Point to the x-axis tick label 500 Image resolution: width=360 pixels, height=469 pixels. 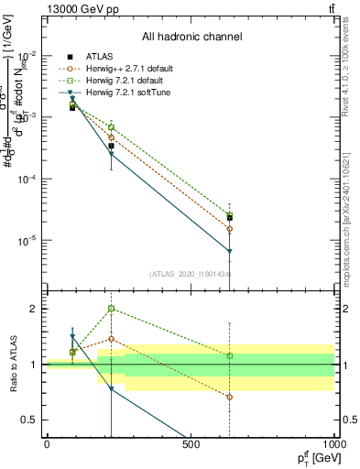(191, 445)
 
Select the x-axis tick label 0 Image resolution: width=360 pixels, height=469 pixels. (47, 445)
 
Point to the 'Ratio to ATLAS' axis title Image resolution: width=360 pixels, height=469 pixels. (12, 365)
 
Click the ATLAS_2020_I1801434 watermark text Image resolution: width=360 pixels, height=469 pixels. (190, 273)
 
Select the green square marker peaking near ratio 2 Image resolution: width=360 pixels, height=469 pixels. (111, 309)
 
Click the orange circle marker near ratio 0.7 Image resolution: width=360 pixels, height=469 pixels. (230, 397)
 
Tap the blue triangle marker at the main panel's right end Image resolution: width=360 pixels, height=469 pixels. (230, 251)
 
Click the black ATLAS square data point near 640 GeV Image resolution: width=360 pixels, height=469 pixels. (230, 218)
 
